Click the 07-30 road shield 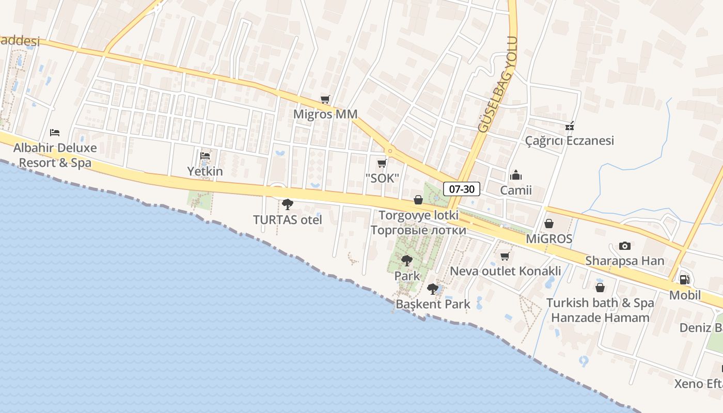point(462,189)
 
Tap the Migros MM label point(325,114)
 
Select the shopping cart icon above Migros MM point(325,99)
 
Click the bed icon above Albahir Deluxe point(55,133)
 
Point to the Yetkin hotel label point(205,171)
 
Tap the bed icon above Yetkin point(205,156)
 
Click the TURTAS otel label point(288,220)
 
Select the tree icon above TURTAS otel point(288,204)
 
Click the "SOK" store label point(382,179)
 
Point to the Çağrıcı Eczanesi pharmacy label point(570,140)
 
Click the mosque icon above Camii point(516,176)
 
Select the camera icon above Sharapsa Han point(625,246)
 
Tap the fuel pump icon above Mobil point(685,280)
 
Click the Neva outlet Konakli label point(506,271)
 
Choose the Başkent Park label point(433,304)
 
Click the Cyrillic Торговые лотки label point(418,230)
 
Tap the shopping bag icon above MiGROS point(549,224)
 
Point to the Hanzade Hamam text point(600,317)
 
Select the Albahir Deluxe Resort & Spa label point(55,155)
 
